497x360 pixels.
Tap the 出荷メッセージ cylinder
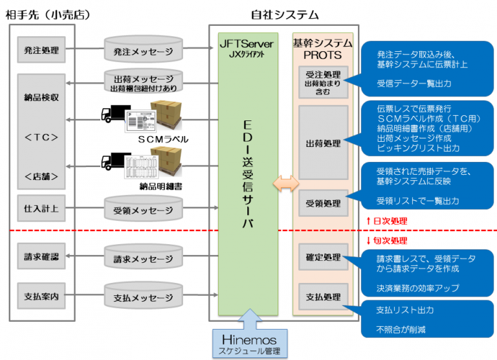(x=144, y=82)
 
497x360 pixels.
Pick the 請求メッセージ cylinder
(x=144, y=259)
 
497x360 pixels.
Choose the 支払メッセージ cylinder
(x=144, y=297)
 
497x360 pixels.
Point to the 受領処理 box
(x=323, y=203)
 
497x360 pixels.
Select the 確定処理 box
(x=323, y=256)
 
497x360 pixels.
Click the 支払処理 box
(x=323, y=297)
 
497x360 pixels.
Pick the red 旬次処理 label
(x=386, y=240)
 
